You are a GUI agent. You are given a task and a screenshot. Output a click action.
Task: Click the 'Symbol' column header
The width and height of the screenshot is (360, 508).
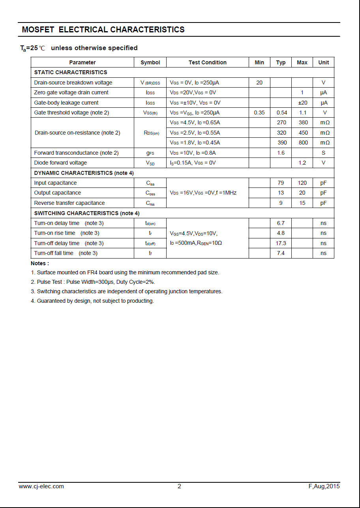(150, 62)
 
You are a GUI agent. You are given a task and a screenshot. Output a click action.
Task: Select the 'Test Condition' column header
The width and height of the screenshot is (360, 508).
(207, 62)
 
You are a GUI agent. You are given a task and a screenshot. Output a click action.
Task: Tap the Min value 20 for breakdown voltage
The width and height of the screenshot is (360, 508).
(259, 82)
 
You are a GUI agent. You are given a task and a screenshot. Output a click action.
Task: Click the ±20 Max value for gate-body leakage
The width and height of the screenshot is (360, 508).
(302, 103)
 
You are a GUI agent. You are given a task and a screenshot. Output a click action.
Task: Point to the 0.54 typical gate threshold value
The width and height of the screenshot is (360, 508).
(281, 112)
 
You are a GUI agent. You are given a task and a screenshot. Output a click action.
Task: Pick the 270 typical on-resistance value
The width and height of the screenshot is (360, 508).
(281, 122)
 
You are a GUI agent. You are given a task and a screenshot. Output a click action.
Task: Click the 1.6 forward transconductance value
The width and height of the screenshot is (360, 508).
(281, 153)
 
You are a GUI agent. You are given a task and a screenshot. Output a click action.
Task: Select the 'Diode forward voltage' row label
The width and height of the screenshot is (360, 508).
(60, 163)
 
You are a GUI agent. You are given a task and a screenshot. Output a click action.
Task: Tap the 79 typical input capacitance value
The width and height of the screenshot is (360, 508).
(281, 183)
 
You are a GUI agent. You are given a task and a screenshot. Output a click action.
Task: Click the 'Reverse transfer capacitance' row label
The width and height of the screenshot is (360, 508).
(69, 203)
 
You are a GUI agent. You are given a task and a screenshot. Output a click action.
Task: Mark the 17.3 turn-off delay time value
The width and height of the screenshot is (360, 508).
(281, 243)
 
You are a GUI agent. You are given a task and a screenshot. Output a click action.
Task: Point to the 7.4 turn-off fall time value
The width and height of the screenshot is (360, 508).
(281, 253)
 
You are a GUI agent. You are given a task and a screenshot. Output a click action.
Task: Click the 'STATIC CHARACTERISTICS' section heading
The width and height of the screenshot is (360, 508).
(71, 72)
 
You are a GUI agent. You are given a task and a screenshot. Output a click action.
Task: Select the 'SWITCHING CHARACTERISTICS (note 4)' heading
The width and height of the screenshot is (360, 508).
(87, 213)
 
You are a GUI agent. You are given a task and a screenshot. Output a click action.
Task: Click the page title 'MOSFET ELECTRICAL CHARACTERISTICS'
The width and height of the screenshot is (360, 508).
(103, 30)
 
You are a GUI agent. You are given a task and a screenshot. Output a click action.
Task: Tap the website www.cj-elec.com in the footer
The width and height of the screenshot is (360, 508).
(41, 486)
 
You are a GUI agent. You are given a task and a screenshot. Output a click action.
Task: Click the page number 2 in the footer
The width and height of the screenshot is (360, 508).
(179, 486)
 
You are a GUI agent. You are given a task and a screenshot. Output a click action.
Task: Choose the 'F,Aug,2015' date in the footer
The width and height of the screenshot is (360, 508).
(324, 486)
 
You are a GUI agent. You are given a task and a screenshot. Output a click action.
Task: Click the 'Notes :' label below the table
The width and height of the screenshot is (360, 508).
(40, 263)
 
